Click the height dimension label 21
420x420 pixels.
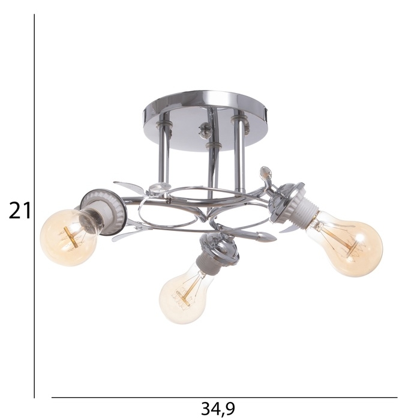click(x=20, y=210)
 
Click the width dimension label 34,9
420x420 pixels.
click(x=218, y=409)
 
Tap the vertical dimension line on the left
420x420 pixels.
click(x=34, y=206)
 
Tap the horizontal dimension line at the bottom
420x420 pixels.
click(x=224, y=397)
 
